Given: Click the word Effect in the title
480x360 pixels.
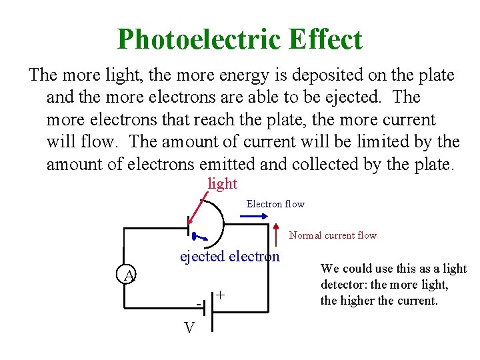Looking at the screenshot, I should [x=325, y=39].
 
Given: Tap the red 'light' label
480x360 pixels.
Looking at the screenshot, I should [x=223, y=183].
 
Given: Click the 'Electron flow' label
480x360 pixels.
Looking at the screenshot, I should [x=275, y=204].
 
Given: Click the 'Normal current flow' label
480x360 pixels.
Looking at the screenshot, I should [x=333, y=235].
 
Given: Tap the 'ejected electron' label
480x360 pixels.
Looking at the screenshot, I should [x=230, y=257].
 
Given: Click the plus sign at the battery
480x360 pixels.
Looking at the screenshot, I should [x=220, y=295].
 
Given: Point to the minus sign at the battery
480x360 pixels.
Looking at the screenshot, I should [x=199, y=305].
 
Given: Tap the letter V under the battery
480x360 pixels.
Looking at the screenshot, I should [x=189, y=328].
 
